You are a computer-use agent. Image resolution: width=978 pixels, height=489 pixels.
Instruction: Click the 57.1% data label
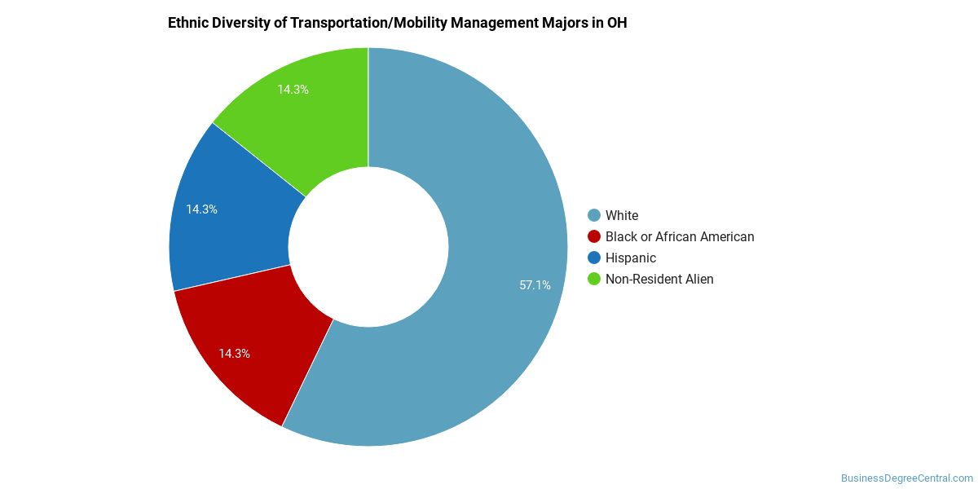click(x=535, y=285)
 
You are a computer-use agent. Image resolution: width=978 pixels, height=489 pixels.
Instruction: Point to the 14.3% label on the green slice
click(x=293, y=90)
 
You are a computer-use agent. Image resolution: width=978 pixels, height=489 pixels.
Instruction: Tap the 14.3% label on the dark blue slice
click(x=201, y=209)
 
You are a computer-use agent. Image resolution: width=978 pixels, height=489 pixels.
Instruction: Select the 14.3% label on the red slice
click(x=234, y=354)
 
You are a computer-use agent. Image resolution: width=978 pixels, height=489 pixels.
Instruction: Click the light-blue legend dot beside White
click(x=593, y=215)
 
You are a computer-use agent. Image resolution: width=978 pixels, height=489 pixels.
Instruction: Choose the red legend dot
click(x=593, y=236)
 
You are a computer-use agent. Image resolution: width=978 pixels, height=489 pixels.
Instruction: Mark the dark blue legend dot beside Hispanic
click(x=593, y=258)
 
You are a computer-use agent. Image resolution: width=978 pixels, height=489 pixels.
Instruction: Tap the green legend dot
click(x=593, y=279)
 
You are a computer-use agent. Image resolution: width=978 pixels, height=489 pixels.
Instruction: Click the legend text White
click(x=622, y=215)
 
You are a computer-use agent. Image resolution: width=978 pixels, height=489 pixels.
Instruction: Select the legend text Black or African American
click(x=680, y=236)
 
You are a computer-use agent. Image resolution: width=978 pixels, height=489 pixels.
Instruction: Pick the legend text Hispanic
click(x=631, y=258)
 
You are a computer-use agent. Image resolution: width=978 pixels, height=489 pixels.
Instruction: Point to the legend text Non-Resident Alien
click(x=659, y=279)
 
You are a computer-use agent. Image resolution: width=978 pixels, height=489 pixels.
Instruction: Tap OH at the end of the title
click(x=617, y=23)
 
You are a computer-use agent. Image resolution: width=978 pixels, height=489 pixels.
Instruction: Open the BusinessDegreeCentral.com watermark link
click(x=907, y=478)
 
